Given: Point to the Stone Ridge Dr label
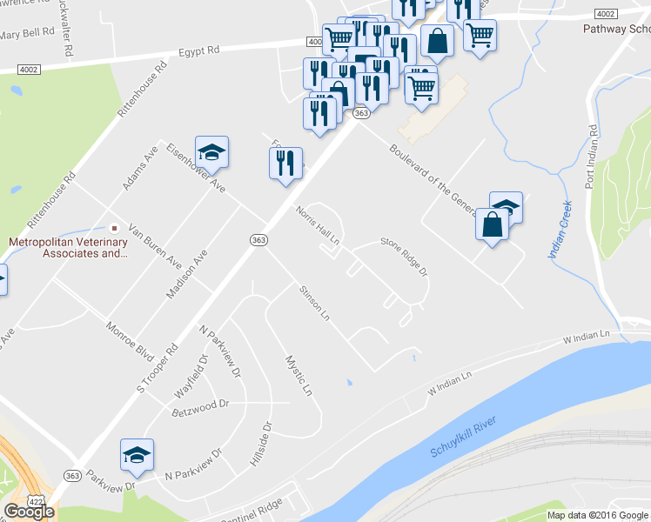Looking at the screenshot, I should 404,258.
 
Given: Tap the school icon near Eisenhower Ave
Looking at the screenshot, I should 211,154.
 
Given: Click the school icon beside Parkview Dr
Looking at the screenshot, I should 138,456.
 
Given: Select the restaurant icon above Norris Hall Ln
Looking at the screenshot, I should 285,163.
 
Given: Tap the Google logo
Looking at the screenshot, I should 29,512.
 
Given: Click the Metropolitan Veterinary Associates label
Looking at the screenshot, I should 68,248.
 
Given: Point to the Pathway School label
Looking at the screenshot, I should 616,28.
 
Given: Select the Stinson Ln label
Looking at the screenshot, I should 314,303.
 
